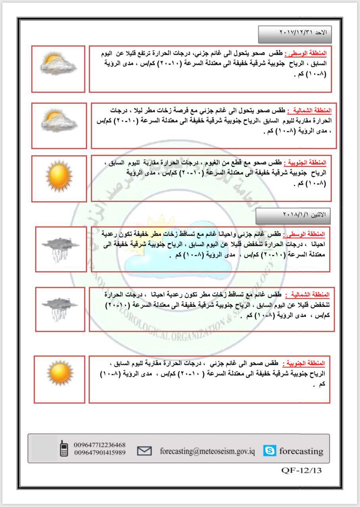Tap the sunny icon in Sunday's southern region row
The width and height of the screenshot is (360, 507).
(x=59, y=175)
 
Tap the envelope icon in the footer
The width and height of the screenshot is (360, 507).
(x=144, y=451)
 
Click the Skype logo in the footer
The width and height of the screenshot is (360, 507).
(x=270, y=451)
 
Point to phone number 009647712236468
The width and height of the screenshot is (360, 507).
(x=100, y=444)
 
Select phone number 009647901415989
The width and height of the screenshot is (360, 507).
(x=100, y=452)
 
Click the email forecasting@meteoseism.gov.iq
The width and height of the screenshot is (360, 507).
(x=207, y=451)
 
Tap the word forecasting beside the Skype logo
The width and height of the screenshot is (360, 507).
(x=301, y=451)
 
